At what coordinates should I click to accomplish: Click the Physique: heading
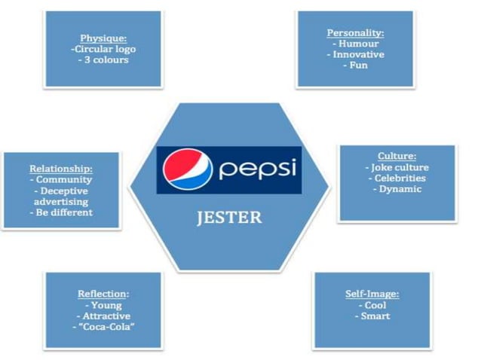103,38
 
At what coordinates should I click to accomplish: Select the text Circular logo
105,49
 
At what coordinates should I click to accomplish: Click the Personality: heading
356,33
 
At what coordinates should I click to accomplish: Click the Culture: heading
397,157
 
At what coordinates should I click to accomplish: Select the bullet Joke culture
398,168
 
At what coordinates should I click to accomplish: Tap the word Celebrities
398,178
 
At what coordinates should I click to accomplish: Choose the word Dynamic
398,189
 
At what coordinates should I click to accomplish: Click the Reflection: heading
103,294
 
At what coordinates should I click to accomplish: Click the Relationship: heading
61,169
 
